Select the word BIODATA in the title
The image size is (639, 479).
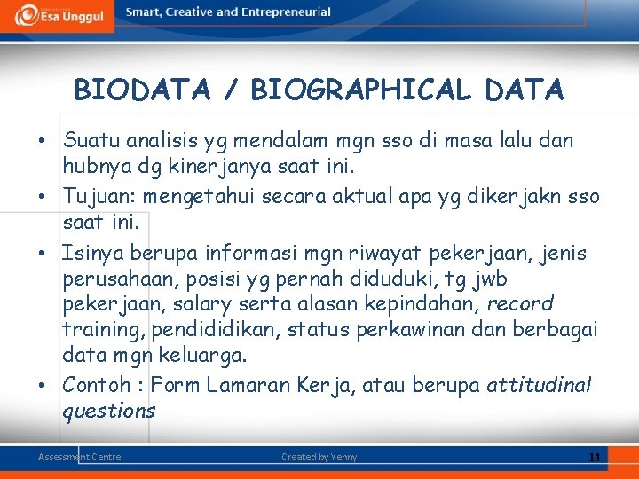pyautogui.click(x=142, y=90)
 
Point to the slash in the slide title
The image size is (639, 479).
pyautogui.click(x=231, y=90)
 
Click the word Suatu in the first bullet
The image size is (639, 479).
pyautogui.click(x=91, y=140)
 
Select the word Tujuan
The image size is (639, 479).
pyautogui.click(x=96, y=196)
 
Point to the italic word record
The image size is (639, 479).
pyautogui.click(x=521, y=304)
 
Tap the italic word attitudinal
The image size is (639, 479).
pyautogui.click(x=538, y=385)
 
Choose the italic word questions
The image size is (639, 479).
pyautogui.click(x=108, y=411)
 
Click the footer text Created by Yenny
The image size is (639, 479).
pyautogui.click(x=319, y=457)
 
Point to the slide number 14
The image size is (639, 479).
pyautogui.click(x=595, y=458)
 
